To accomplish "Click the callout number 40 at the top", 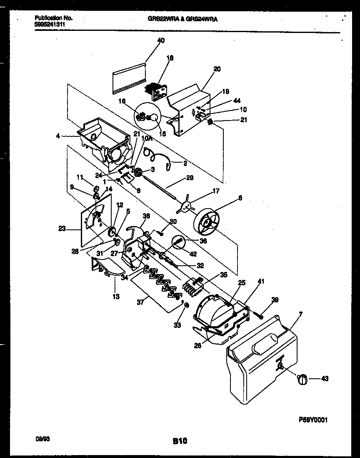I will click(161, 40).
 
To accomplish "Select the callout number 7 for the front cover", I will click(300, 313).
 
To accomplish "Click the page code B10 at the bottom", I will click(180, 440).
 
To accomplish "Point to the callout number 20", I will click(217, 69).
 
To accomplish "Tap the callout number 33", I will click(178, 325).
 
